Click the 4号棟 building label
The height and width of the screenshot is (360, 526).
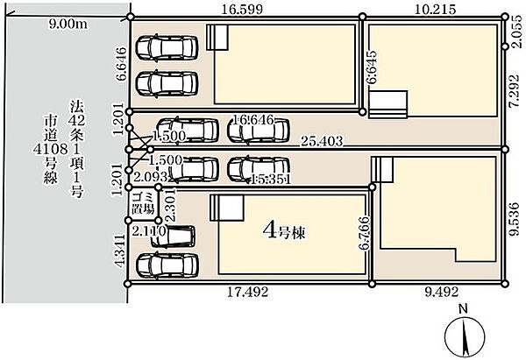click(284, 231)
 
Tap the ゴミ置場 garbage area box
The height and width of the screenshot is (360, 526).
click(144, 203)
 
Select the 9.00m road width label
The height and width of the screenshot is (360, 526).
click(68, 24)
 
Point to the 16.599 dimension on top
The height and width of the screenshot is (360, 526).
click(242, 10)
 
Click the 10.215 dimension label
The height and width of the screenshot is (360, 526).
click(435, 10)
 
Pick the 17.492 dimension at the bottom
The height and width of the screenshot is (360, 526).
click(248, 293)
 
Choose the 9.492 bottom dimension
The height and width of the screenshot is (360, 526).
click(442, 292)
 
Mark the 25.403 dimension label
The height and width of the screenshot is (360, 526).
click(322, 141)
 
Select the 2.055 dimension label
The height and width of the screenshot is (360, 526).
click(517, 32)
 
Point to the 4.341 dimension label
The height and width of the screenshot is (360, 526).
click(120, 251)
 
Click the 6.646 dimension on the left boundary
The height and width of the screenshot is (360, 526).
click(121, 64)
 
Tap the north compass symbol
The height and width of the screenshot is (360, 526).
click(465, 337)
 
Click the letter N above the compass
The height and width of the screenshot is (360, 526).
click(464, 308)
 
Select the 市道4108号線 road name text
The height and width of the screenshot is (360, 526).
click(51, 150)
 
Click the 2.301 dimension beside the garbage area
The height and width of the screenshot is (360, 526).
click(170, 204)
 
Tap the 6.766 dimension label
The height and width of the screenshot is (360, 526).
click(364, 234)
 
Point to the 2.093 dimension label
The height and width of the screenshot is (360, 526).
click(150, 176)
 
